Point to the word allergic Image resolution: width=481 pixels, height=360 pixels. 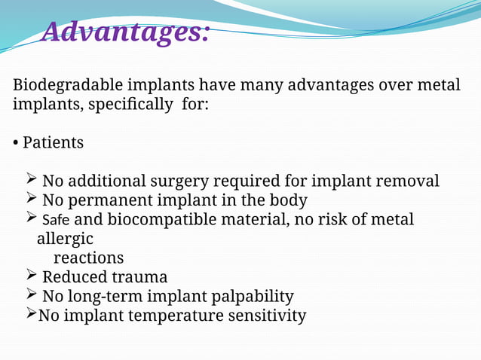click(65, 239)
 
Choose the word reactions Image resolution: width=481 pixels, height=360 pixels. click(88, 258)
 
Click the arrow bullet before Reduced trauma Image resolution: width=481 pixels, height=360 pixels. click(31, 276)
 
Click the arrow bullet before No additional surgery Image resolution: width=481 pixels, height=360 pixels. click(31, 180)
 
